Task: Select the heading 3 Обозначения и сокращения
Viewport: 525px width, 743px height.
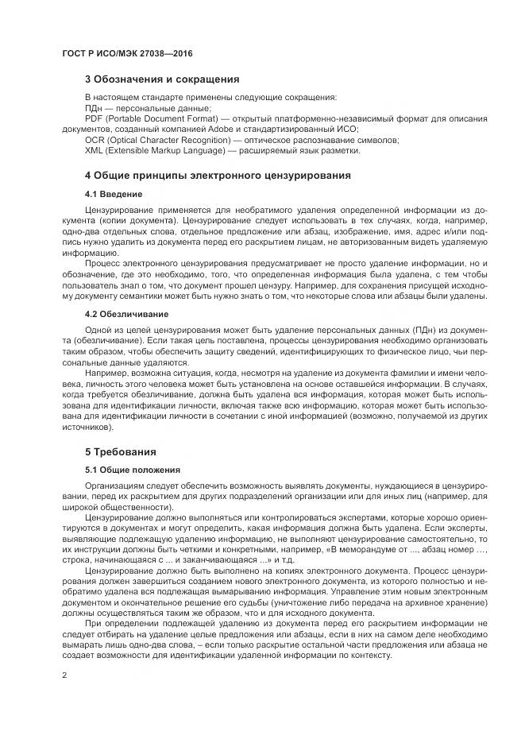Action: point(162,79)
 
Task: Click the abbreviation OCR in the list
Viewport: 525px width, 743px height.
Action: point(95,139)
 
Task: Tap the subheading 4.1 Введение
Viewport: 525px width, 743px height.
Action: point(114,194)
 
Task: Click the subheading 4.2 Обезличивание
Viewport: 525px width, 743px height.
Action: point(125,314)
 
